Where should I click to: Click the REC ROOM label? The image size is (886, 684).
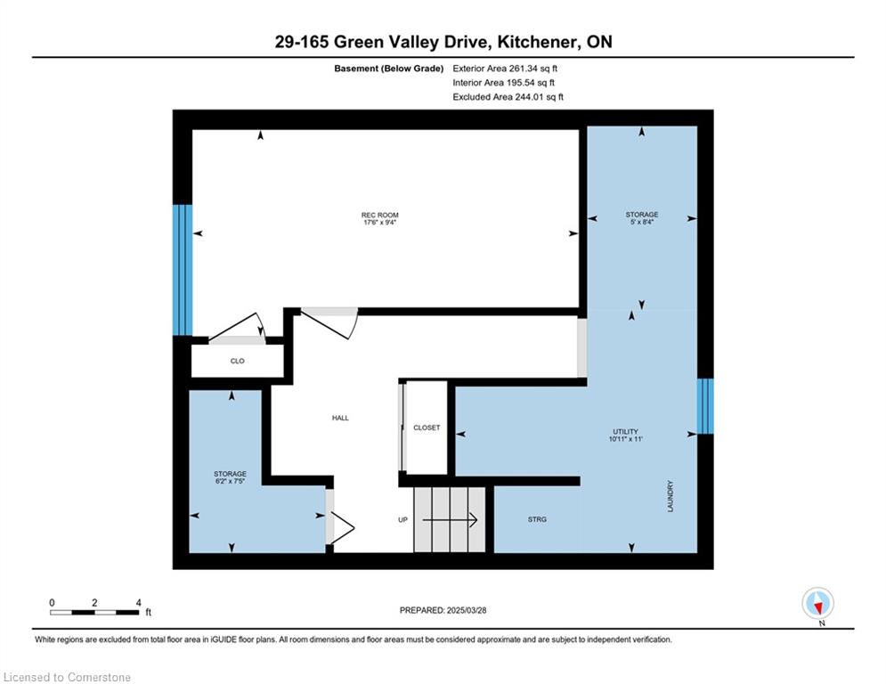[379, 216]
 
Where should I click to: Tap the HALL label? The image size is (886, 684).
[339, 418]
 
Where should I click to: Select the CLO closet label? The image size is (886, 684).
[238, 361]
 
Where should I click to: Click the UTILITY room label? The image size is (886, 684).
[625, 432]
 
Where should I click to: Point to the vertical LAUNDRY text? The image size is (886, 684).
[670, 497]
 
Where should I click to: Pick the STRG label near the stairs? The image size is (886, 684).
[536, 519]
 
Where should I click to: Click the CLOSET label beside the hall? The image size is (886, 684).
[427, 427]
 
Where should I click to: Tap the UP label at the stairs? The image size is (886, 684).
[403, 519]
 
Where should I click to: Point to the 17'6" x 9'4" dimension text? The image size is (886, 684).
[379, 224]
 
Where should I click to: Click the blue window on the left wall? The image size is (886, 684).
[183, 270]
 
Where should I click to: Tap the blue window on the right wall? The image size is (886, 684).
[704, 406]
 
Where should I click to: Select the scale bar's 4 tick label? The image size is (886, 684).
[138, 603]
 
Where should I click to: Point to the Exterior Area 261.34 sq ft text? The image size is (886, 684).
[505, 68]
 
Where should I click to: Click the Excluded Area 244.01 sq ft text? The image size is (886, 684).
[508, 97]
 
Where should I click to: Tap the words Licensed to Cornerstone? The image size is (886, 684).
[68, 678]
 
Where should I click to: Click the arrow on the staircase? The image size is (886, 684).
[451, 519]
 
